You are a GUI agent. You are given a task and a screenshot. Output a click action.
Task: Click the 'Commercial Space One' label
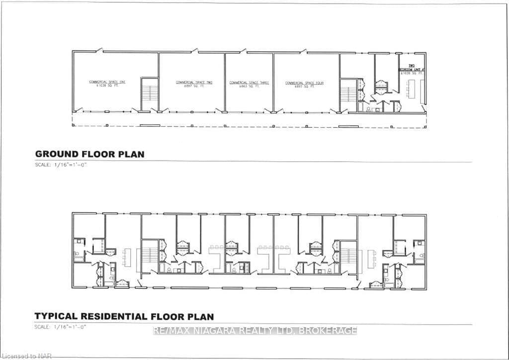[107, 82]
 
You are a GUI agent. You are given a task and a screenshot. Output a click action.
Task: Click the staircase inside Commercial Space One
[149, 94]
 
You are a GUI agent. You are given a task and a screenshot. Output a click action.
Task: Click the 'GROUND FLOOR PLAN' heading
[89, 154]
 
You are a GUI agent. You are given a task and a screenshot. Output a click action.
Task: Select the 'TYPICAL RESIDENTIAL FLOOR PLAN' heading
[124, 316]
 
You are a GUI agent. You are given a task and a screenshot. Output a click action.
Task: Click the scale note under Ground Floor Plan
[61, 165]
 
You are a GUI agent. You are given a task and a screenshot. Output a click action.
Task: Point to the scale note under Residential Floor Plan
[61, 327]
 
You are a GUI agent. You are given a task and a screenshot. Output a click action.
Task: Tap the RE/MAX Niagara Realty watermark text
[255, 331]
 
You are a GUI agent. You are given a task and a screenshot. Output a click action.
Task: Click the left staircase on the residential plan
[150, 257]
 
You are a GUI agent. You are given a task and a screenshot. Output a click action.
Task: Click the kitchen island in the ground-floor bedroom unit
[412, 89]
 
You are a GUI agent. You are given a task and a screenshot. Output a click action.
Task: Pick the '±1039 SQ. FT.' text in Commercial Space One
[107, 86]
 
